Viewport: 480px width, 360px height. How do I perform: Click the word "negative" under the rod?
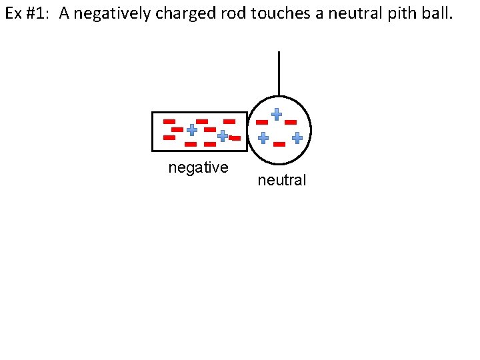point(198,167)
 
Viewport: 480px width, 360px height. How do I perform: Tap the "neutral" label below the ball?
point(281,179)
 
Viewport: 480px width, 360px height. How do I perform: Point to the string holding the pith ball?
point(279,73)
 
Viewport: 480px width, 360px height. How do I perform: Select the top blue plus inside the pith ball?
point(276,114)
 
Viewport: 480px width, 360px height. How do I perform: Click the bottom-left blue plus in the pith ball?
point(263,138)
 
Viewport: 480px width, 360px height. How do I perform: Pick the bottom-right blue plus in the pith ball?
point(297,138)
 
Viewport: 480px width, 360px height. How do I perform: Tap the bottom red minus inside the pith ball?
point(279,144)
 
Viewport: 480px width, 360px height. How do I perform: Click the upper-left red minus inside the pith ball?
point(262,123)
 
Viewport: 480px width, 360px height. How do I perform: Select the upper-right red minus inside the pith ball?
point(291,123)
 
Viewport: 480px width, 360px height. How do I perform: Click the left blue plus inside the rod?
point(191,130)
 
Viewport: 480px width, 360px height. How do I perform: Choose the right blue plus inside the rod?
point(223,135)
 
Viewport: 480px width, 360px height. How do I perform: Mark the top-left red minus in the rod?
point(169,121)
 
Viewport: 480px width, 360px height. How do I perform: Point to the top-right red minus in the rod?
point(229,121)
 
